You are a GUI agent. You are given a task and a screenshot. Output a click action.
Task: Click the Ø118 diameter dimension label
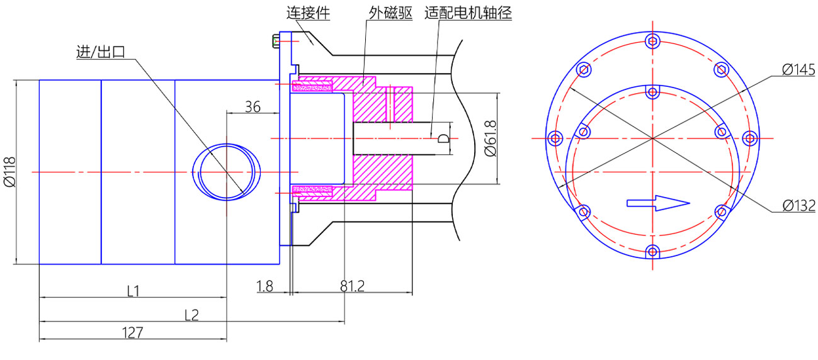9,172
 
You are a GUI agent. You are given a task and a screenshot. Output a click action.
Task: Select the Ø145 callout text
798,69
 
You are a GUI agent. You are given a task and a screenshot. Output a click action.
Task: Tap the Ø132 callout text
798,205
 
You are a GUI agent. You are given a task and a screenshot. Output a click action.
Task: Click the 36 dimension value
253,106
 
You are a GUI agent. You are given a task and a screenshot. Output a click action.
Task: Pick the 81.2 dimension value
353,286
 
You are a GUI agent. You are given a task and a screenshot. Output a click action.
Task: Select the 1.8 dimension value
265,286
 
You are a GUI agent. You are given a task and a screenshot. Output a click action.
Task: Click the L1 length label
133,291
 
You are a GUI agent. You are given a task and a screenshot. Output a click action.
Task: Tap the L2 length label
191,314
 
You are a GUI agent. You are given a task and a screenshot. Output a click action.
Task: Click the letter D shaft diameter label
443,138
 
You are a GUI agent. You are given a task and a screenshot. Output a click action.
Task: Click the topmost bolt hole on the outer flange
652,42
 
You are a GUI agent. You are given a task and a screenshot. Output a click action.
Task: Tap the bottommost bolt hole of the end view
652,252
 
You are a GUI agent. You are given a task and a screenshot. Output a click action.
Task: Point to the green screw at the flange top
276,42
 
